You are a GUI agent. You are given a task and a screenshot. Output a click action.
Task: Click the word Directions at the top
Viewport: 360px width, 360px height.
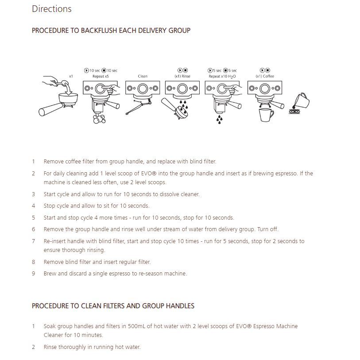pos(51,9)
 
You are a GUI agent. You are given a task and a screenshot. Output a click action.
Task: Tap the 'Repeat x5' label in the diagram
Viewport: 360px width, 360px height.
pos(101,77)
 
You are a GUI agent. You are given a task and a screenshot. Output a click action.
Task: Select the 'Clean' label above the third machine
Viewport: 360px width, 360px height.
pos(143,77)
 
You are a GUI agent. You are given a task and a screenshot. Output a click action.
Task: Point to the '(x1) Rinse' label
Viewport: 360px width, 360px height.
pos(182,77)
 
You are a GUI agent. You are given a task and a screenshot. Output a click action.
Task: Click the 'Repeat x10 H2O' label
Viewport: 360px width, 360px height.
pos(222,77)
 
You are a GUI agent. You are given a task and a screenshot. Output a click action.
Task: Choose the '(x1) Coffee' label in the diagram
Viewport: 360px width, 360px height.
pos(265,77)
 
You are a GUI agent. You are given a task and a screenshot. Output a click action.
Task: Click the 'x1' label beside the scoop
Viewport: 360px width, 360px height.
pos(71,76)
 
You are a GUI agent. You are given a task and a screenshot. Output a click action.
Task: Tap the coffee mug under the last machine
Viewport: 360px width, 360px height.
pos(265,115)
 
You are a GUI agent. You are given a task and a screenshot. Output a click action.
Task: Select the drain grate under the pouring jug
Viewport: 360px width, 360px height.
pos(294,112)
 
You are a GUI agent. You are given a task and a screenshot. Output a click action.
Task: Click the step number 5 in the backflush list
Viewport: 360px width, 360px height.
pos(33,218)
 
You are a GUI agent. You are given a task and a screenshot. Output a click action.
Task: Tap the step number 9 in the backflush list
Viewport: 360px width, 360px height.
pos(33,274)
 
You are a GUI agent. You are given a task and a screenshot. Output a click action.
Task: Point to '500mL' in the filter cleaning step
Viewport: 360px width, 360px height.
pos(138,326)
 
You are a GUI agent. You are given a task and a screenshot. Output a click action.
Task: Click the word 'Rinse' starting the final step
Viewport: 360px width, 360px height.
pos(50,347)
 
